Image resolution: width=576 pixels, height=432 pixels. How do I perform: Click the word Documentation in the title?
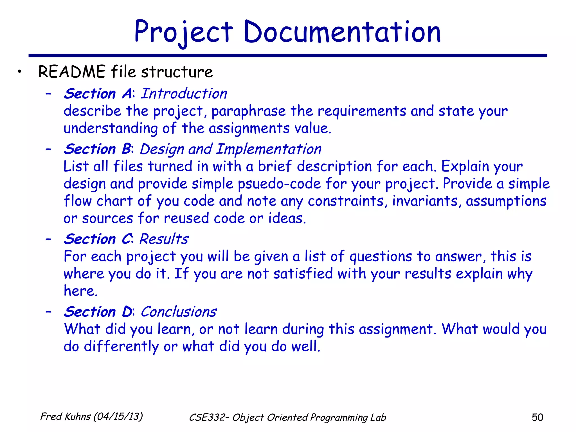pos(342,32)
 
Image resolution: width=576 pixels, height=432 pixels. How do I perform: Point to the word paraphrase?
pos(248,111)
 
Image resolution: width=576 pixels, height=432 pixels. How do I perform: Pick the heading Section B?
pos(97,149)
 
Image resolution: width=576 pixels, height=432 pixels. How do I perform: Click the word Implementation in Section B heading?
pos(269,149)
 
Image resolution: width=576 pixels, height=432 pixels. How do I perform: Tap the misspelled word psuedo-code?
pos(279,184)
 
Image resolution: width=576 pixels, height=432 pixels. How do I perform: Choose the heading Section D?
pos(98,312)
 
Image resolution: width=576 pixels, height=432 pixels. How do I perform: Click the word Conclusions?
pos(179,312)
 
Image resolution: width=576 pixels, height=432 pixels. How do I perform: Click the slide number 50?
pos(537,417)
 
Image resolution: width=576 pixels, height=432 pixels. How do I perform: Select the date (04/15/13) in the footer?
pos(118,417)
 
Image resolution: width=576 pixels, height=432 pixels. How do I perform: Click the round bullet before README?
pos(19,72)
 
